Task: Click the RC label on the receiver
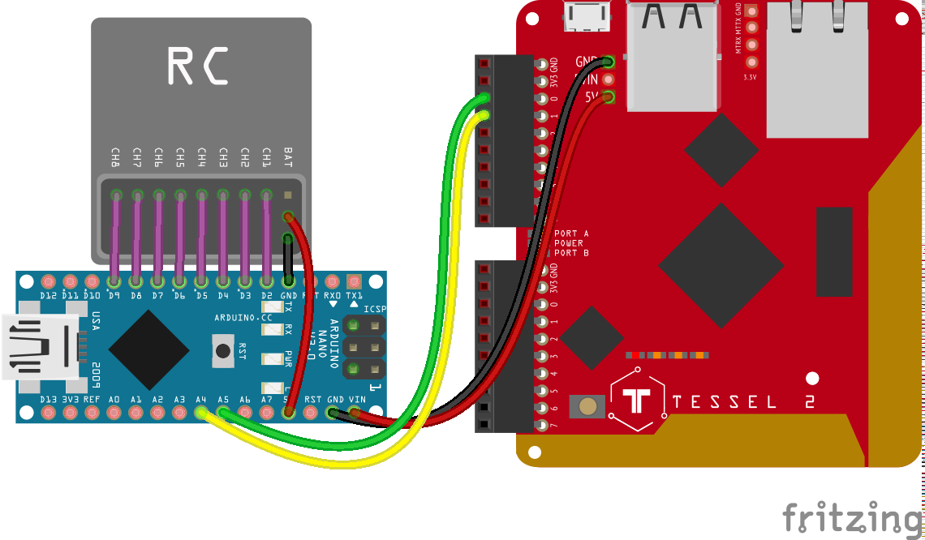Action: [x=197, y=66]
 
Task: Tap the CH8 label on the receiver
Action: [x=116, y=156]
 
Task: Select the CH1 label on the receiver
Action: [x=266, y=156]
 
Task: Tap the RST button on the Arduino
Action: [x=222, y=350]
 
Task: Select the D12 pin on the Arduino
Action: [x=49, y=281]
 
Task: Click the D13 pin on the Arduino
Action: [x=49, y=413]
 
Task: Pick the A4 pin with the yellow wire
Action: [x=201, y=413]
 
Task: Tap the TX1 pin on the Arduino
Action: [x=354, y=281]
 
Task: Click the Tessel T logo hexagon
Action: [x=638, y=401]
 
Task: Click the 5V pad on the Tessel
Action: [x=608, y=97]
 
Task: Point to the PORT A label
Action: [x=571, y=234]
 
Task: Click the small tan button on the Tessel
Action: [x=589, y=406]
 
